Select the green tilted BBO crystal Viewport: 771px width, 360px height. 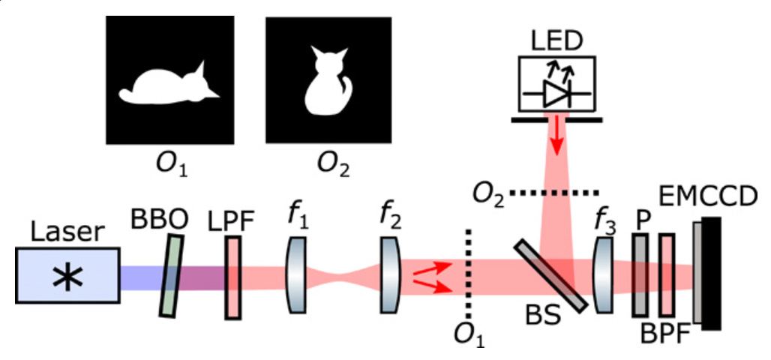pyautogui.click(x=172, y=276)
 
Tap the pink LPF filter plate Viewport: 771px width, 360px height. pyautogui.click(x=233, y=277)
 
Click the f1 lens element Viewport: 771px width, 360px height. pyautogui.click(x=296, y=275)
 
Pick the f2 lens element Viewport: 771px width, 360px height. pyautogui.click(x=391, y=275)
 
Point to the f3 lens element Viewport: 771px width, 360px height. pyautogui.click(x=603, y=275)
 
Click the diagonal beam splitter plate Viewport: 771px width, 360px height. pyautogui.click(x=550, y=276)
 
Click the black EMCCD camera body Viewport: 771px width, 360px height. pyautogui.click(x=712, y=274)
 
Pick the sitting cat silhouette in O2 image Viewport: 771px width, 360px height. pyautogui.click(x=328, y=81)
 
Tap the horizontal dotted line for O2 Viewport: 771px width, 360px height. pyautogui.click(x=555, y=192)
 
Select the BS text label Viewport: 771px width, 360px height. pyautogui.click(x=542, y=317)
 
